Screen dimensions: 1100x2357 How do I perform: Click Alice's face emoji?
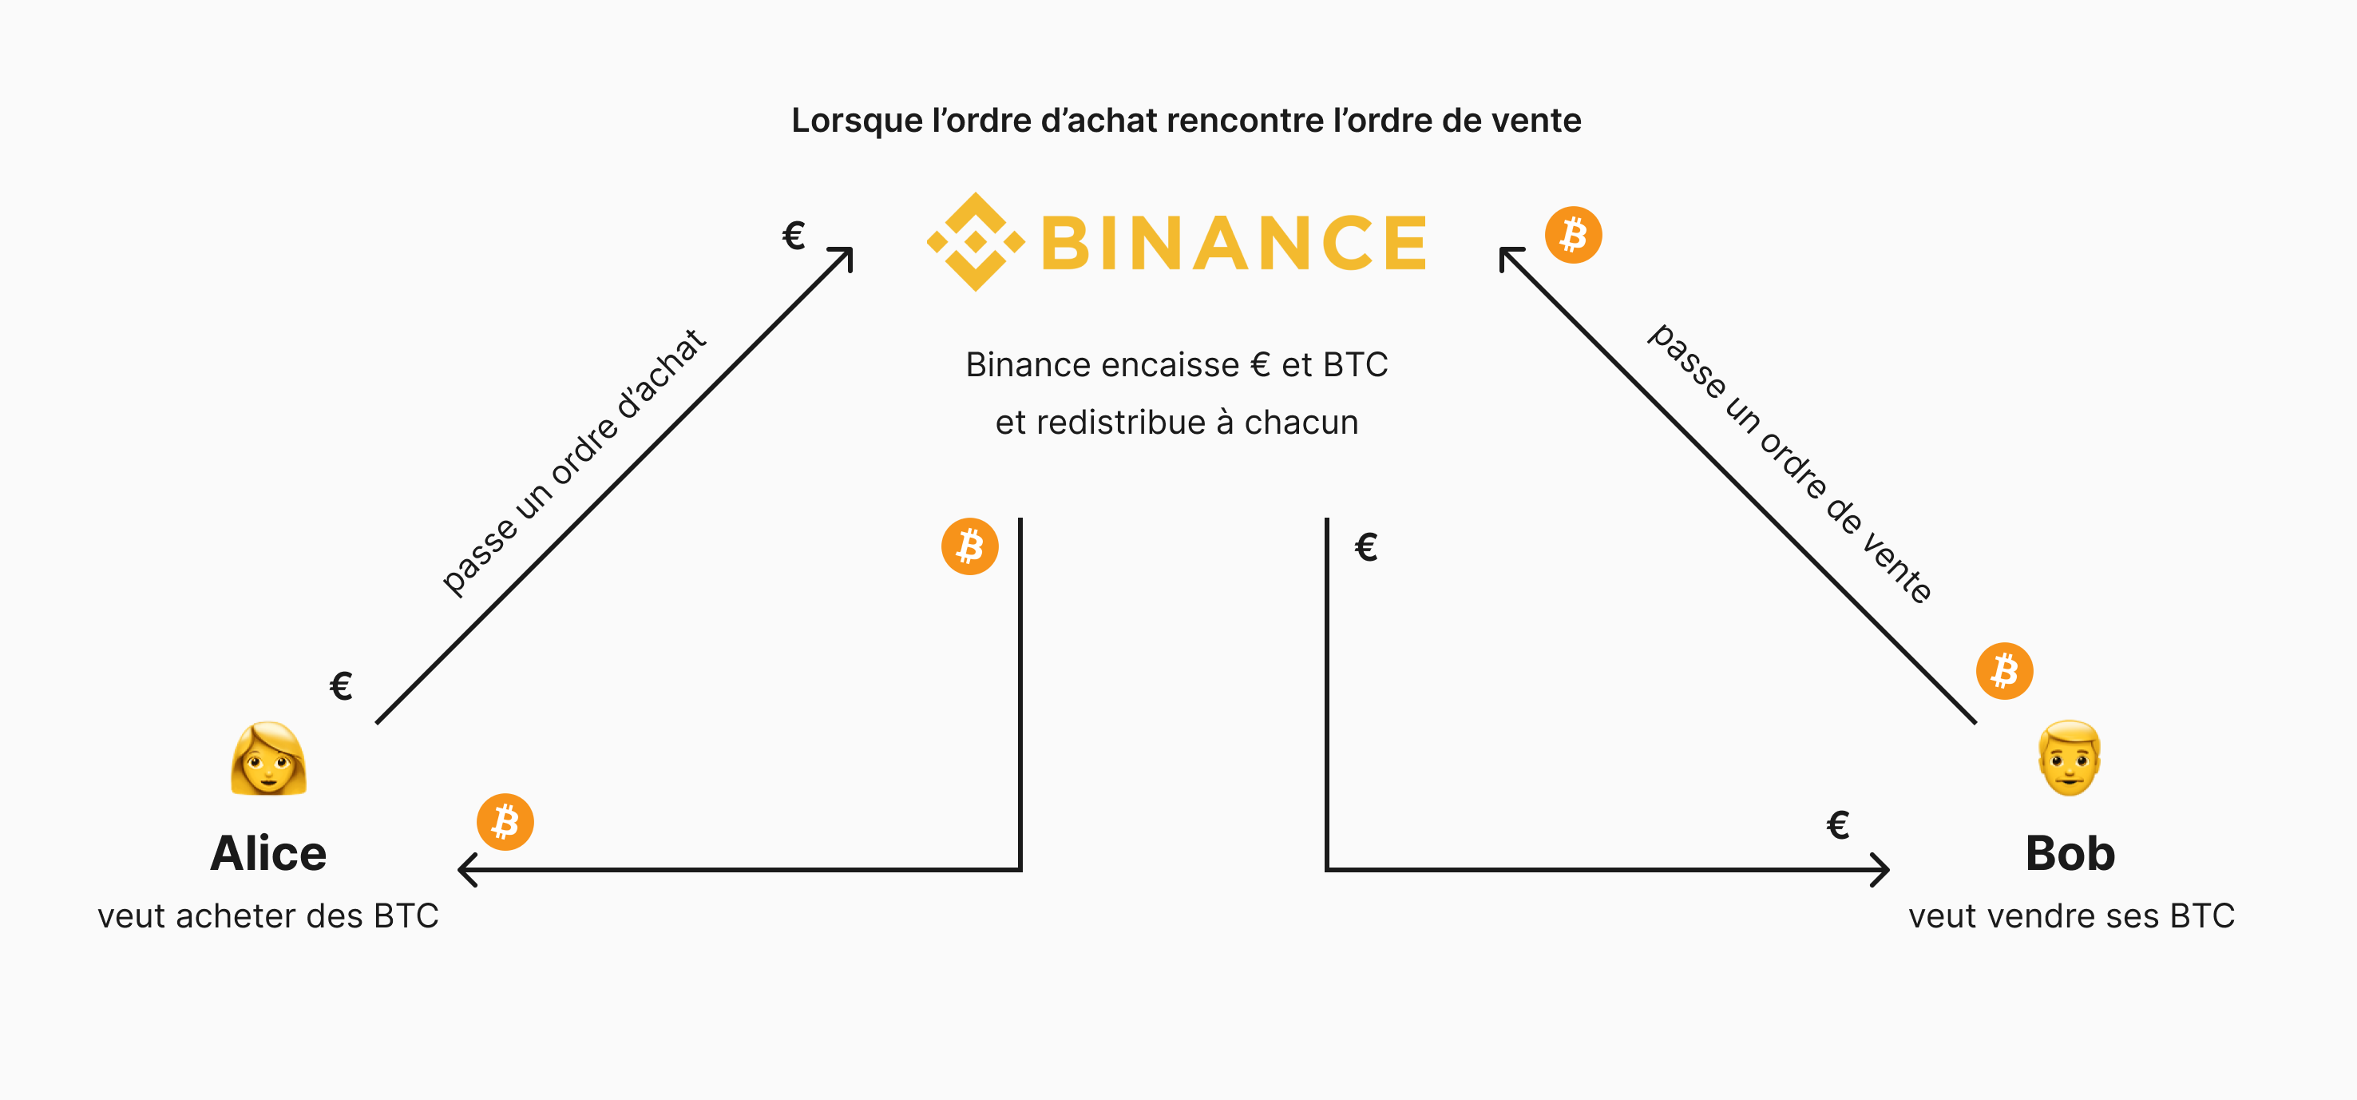tap(268, 759)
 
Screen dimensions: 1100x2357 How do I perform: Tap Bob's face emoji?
tap(2070, 759)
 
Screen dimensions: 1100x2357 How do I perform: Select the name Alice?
tap(268, 853)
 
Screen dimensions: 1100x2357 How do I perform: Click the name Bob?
tap(2070, 853)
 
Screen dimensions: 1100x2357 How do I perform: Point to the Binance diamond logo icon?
tap(976, 241)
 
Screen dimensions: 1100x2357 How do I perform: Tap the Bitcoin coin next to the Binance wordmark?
tap(1573, 235)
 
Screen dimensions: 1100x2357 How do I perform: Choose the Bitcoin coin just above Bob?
tap(2004, 671)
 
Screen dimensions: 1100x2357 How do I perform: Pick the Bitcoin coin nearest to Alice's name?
tap(505, 822)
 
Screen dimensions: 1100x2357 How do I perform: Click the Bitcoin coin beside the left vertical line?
tap(970, 547)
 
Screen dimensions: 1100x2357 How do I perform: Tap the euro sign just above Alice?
tap(341, 685)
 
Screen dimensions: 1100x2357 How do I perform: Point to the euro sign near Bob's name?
tap(1838, 825)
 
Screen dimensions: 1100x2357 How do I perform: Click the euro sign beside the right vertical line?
tap(1366, 548)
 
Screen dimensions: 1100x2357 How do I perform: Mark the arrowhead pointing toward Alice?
tap(466, 869)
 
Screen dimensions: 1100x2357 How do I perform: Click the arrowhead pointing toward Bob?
tap(1880, 869)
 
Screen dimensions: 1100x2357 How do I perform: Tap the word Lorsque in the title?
tap(857, 121)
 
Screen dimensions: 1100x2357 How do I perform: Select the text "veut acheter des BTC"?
tap(268, 916)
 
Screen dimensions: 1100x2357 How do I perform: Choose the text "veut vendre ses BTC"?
tap(2070, 916)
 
